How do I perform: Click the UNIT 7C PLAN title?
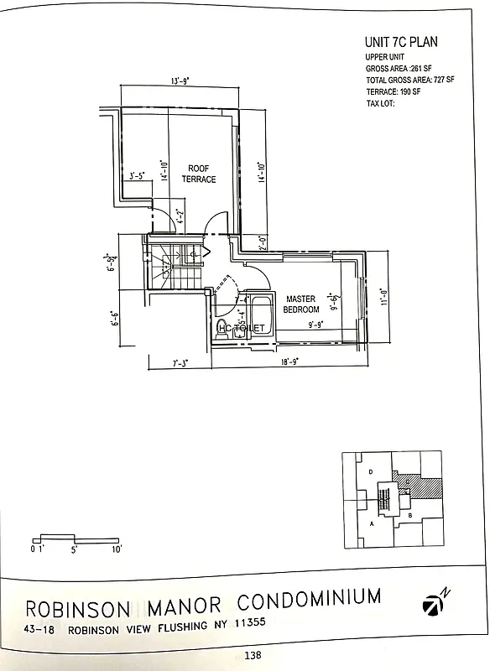(x=401, y=41)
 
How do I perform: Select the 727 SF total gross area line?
(x=409, y=80)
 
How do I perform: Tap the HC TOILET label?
(x=242, y=328)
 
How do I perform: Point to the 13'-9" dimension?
(x=179, y=81)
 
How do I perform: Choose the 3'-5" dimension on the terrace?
(x=138, y=176)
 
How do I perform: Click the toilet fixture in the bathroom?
(x=221, y=328)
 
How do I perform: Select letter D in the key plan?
(x=370, y=473)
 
